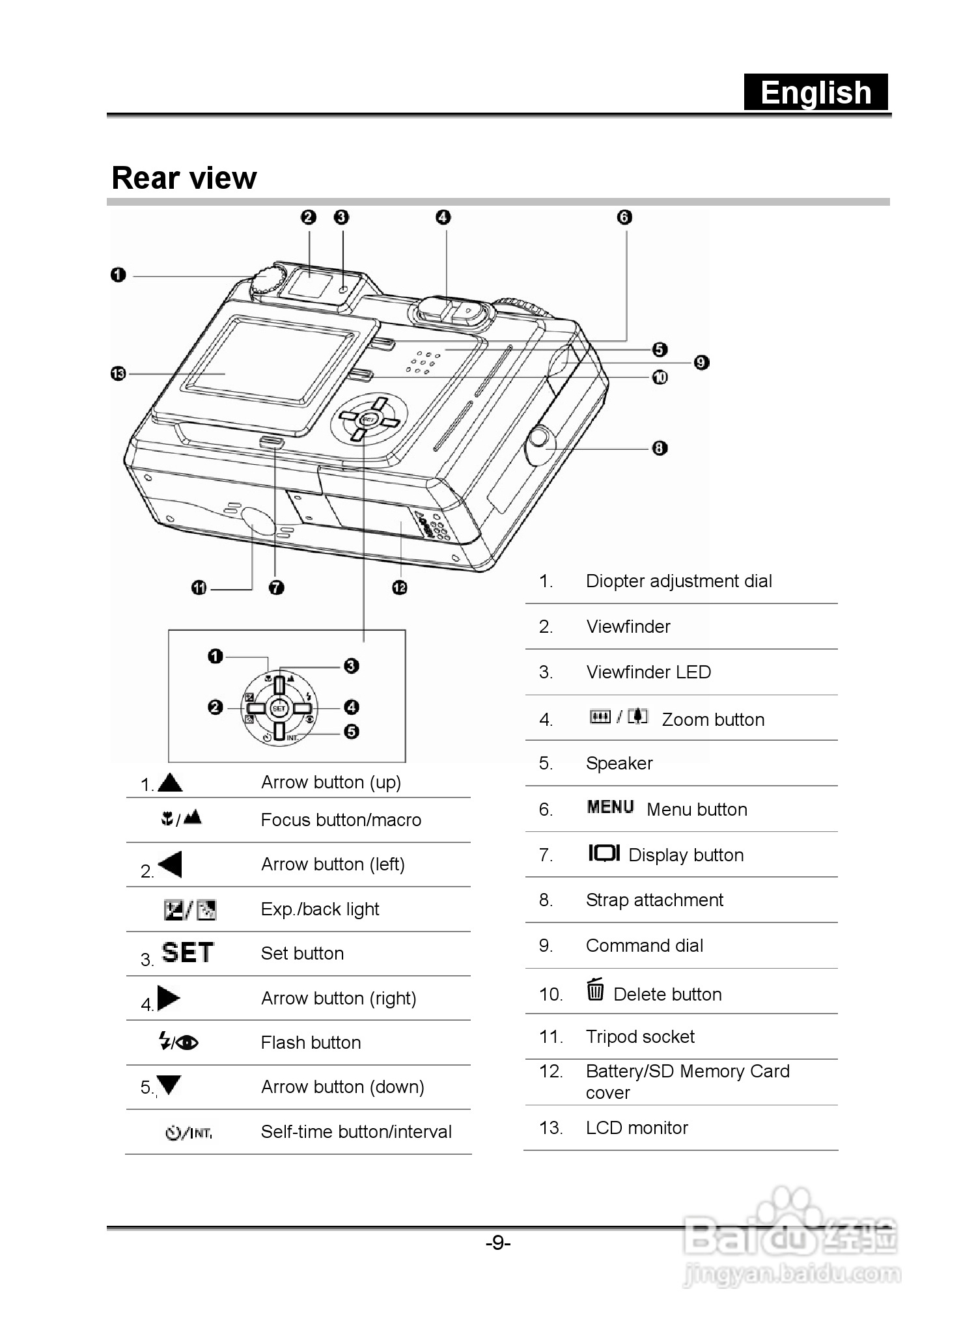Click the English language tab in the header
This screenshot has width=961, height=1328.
point(816,92)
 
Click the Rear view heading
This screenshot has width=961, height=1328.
point(184,178)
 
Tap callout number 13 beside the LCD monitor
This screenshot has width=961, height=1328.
point(118,374)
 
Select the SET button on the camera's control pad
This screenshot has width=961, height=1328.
point(368,419)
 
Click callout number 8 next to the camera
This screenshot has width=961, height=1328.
point(660,448)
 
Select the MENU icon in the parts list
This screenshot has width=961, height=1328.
point(610,807)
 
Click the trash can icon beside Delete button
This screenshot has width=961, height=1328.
point(595,989)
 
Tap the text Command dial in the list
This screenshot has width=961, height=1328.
point(644,945)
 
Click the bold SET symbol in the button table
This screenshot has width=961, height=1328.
point(188,952)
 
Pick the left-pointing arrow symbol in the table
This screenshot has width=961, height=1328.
point(171,865)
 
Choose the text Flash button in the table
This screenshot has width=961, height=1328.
point(311,1042)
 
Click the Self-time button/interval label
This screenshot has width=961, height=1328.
point(356,1131)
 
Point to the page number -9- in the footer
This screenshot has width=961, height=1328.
point(498,1243)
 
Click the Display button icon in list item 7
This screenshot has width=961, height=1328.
point(604,853)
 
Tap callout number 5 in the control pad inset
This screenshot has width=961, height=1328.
point(351,732)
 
